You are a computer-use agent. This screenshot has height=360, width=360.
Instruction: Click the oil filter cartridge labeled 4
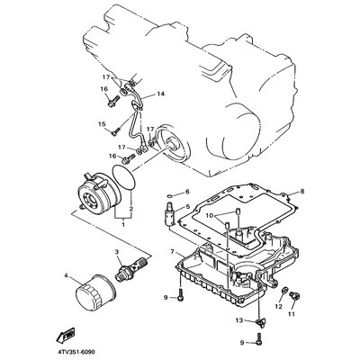coord(95,292)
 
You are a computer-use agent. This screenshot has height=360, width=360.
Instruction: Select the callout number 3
coord(117,252)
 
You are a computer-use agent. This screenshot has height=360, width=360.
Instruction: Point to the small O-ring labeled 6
coord(169,196)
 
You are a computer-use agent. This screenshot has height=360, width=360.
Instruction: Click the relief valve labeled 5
coord(171,212)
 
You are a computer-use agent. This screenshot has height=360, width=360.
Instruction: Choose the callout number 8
coord(302,191)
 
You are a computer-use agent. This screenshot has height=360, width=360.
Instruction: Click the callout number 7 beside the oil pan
coord(172,251)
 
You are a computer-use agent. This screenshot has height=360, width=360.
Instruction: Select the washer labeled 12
coord(285,290)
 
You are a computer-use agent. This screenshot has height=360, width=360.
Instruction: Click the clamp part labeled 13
coord(260,323)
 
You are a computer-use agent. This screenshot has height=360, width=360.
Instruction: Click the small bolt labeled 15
coord(115,131)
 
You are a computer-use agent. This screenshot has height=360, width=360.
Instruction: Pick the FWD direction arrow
coord(66,336)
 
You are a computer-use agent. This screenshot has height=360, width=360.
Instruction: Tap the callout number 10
coord(210,216)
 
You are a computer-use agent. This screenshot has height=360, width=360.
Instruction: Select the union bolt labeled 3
coord(133,265)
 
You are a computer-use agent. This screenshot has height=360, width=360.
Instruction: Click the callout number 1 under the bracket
coord(123,224)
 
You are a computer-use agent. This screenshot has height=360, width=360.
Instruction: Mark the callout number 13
coord(239,320)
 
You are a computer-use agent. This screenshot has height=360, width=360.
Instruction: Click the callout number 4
coord(66,274)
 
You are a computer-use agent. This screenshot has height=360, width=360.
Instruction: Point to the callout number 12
coord(279,306)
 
